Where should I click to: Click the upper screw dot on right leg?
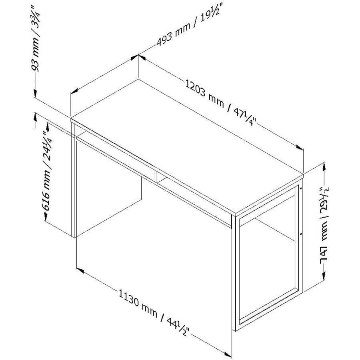[x=301, y=188]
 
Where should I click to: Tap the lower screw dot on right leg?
[x=301, y=234]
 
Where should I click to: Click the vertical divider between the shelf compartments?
[x=156, y=177]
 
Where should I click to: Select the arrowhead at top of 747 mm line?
[x=324, y=166]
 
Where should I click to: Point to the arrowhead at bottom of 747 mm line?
[x=324, y=276]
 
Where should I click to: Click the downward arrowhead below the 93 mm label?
[x=35, y=93]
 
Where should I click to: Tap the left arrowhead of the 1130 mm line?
[x=80, y=270]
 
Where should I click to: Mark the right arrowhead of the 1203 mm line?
[x=300, y=147]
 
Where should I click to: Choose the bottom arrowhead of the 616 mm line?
[x=46, y=217]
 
